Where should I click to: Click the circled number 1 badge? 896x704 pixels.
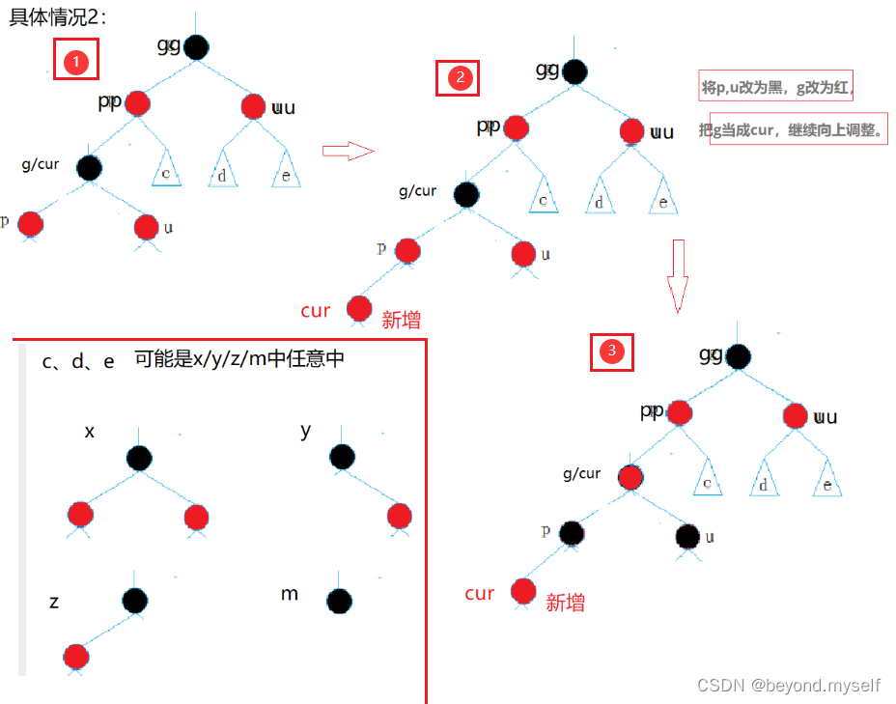77,63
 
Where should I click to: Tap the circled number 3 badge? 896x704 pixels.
611,352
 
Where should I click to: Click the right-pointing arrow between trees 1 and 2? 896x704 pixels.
347,151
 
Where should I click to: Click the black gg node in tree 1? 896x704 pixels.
196,46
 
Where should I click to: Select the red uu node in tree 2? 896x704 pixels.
632,131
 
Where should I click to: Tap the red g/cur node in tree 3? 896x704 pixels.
630,477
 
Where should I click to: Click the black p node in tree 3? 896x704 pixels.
571,532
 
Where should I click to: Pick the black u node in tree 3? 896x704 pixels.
687,536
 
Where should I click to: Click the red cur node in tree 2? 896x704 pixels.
359,309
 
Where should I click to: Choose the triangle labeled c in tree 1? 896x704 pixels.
166,171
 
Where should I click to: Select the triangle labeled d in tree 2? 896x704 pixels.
601,198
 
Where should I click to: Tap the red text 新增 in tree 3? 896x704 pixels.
566,603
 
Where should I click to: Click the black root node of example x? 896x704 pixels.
138,458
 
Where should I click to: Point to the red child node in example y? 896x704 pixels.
400,516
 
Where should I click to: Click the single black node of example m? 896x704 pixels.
338,602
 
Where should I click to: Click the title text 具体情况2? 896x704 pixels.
58,15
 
